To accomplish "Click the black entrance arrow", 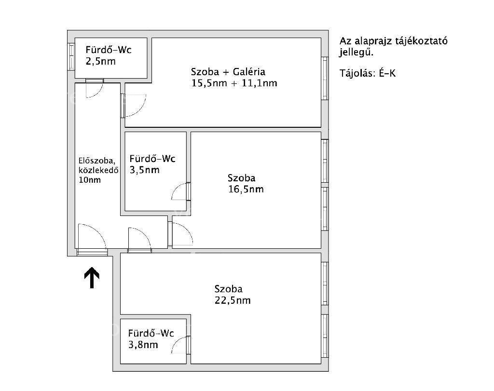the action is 92,278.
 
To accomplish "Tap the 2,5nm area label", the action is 101,61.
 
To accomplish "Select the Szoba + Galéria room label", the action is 228,72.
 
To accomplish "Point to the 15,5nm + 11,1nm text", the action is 234,83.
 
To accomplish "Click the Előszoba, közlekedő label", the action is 98,165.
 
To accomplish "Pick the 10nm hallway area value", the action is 90,180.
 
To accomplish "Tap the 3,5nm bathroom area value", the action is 145,170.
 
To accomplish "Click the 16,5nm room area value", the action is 246,189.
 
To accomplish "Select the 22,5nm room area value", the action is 233,300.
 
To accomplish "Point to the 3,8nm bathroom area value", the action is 143,345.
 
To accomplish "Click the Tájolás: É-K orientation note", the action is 367,73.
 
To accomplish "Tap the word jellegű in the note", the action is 357,53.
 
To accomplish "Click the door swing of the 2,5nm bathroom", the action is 95,89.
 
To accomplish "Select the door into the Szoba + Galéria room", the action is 134,106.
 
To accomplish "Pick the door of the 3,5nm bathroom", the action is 181,191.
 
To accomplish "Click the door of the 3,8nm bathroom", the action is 181,345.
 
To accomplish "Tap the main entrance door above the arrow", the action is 92,239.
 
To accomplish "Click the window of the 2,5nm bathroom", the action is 71,57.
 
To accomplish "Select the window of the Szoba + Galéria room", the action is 325,79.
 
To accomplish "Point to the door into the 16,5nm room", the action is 180,234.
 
